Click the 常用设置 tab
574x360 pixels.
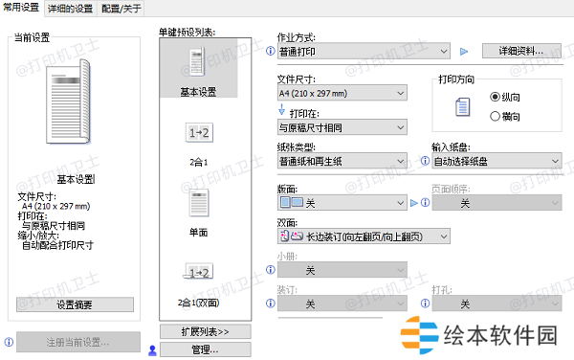click(x=22, y=8)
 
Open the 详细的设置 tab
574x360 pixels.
click(x=70, y=8)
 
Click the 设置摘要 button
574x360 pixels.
click(x=73, y=304)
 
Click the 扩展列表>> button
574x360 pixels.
click(x=204, y=331)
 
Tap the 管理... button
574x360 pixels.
click(x=204, y=349)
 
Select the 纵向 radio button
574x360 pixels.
click(x=495, y=97)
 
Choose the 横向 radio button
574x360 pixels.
click(x=495, y=116)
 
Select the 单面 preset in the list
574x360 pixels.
click(x=197, y=207)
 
